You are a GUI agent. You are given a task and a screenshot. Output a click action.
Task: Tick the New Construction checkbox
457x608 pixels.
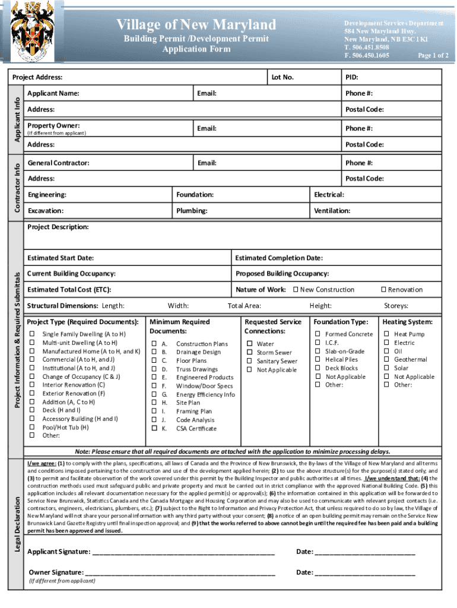296,290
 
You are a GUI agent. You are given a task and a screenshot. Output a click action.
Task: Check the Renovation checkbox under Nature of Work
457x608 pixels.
383,290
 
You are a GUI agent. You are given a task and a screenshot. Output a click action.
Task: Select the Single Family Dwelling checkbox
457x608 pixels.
33,334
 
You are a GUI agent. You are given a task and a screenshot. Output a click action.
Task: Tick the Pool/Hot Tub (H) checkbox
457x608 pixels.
33,427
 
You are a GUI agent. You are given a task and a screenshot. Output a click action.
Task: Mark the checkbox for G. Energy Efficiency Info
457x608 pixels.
154,394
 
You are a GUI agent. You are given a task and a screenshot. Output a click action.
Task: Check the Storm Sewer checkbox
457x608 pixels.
249,353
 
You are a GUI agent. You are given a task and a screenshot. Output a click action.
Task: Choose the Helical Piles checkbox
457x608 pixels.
318,360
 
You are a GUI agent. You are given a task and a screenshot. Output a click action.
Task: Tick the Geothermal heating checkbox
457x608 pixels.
386,360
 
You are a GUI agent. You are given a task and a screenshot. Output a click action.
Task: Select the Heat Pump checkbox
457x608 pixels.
386,334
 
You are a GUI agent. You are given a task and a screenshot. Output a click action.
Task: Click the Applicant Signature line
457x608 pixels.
183,553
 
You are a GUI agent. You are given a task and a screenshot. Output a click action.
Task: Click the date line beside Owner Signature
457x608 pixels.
364,573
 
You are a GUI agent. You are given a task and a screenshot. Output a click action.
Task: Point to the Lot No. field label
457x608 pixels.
283,77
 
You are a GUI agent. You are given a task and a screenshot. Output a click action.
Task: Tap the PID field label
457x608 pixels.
351,77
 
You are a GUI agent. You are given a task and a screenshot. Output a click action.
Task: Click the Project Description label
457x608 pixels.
58,227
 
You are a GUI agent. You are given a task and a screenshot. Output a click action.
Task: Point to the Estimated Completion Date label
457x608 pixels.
278,258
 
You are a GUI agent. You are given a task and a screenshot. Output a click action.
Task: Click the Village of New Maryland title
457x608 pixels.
196,25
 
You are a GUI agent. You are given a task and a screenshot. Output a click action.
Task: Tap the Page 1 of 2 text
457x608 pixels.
433,55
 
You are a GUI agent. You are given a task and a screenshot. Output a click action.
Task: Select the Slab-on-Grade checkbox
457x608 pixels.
318,351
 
